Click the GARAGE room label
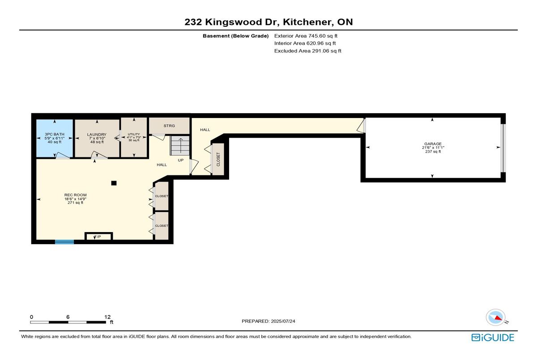tap(433, 144)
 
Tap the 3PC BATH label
tap(55, 134)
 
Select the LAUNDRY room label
tap(97, 135)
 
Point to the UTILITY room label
tap(134, 134)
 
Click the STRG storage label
tap(169, 126)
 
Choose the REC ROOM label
tap(76, 195)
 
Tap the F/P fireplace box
tap(99, 236)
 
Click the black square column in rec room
tap(114, 183)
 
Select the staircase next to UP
tap(180, 145)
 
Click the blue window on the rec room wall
tap(64, 242)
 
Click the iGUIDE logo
tap(493, 338)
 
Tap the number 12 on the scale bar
tap(107, 317)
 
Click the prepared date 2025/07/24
tap(283, 321)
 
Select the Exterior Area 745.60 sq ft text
tap(306, 36)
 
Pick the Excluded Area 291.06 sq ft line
tap(308, 51)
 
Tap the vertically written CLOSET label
tap(218, 159)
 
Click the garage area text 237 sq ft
tap(433, 152)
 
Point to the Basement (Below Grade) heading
tap(236, 36)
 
